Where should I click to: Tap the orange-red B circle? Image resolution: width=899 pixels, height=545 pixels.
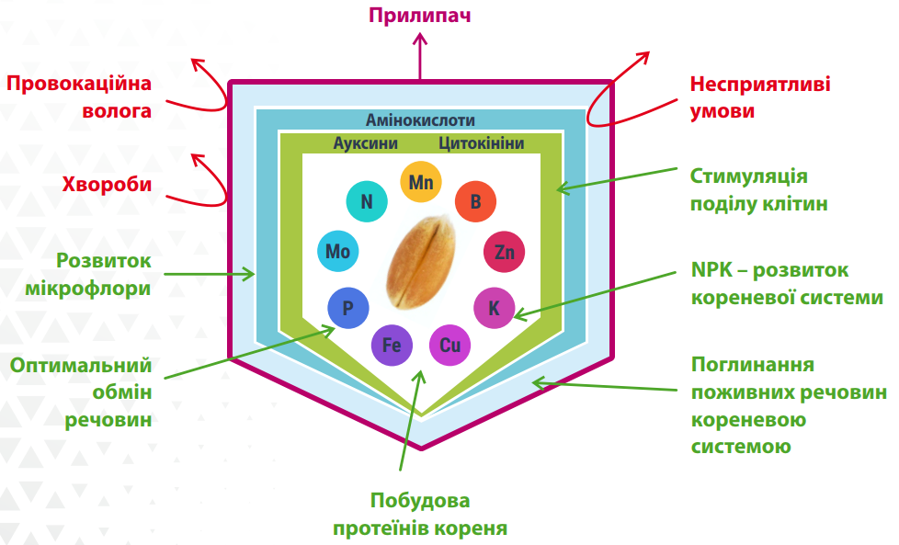[475, 202]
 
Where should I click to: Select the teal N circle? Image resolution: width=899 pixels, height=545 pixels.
[366, 202]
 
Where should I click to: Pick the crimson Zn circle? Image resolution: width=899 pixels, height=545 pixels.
[504, 252]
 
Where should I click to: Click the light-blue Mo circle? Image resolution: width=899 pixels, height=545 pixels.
[337, 252]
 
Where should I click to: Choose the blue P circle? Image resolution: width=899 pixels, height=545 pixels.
[348, 308]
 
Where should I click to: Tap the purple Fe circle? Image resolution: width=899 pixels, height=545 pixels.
[391, 346]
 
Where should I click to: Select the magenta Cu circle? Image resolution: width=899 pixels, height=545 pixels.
[449, 346]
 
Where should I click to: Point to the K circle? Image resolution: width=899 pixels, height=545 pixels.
[494, 308]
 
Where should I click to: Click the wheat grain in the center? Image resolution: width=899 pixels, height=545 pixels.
[421, 261]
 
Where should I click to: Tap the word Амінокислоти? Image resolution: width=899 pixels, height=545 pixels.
[420, 120]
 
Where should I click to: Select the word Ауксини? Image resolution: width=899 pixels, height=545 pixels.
[366, 143]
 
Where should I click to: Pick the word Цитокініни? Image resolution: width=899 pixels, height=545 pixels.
[482, 143]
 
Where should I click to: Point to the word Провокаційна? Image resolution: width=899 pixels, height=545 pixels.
[78, 85]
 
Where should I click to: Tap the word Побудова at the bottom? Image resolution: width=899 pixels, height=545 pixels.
[419, 502]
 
